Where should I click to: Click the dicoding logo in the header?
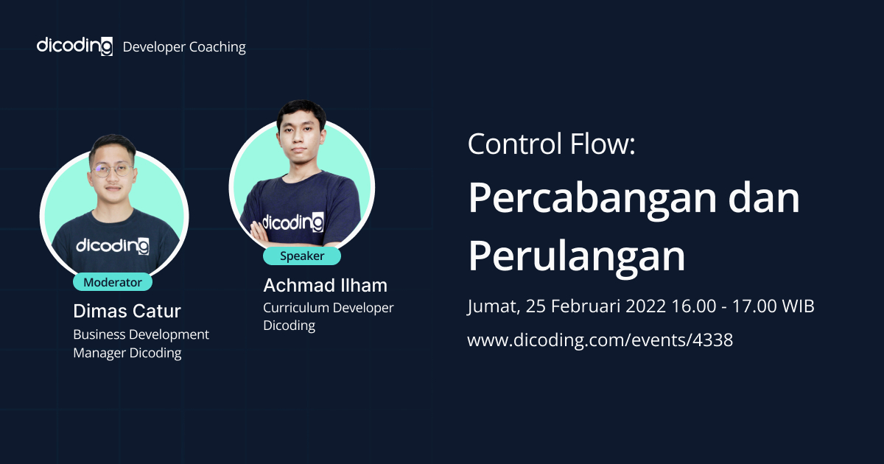(x=74, y=46)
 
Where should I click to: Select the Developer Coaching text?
(x=184, y=47)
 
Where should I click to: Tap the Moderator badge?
(x=112, y=282)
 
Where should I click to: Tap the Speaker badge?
(x=302, y=256)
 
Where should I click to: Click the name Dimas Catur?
(x=127, y=310)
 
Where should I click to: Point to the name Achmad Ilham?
(x=325, y=285)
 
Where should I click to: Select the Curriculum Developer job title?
(x=329, y=308)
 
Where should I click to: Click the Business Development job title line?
(x=141, y=334)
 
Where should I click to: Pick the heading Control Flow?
(x=550, y=144)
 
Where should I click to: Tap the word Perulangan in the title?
(x=576, y=256)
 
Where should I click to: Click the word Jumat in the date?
(x=492, y=306)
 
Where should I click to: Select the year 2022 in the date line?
(x=645, y=306)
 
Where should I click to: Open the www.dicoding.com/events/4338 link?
(x=600, y=340)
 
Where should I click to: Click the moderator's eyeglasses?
(x=113, y=171)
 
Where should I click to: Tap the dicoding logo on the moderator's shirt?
(x=113, y=245)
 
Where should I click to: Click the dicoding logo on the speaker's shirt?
(x=292, y=221)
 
